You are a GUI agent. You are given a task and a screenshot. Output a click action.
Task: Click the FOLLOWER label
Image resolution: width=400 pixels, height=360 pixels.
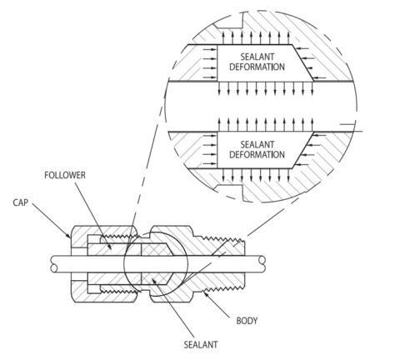coord(62,176)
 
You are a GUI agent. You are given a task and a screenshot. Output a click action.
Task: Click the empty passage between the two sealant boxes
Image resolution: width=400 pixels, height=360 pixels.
coord(250,106)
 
